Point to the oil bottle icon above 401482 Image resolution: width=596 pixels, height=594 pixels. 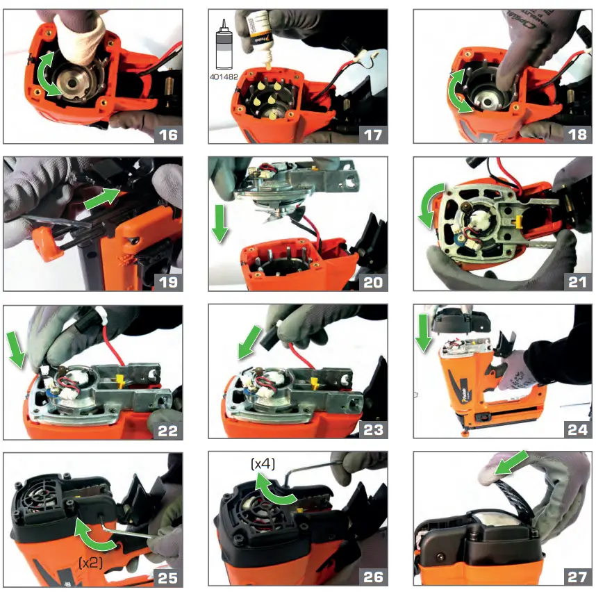tap(224, 41)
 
